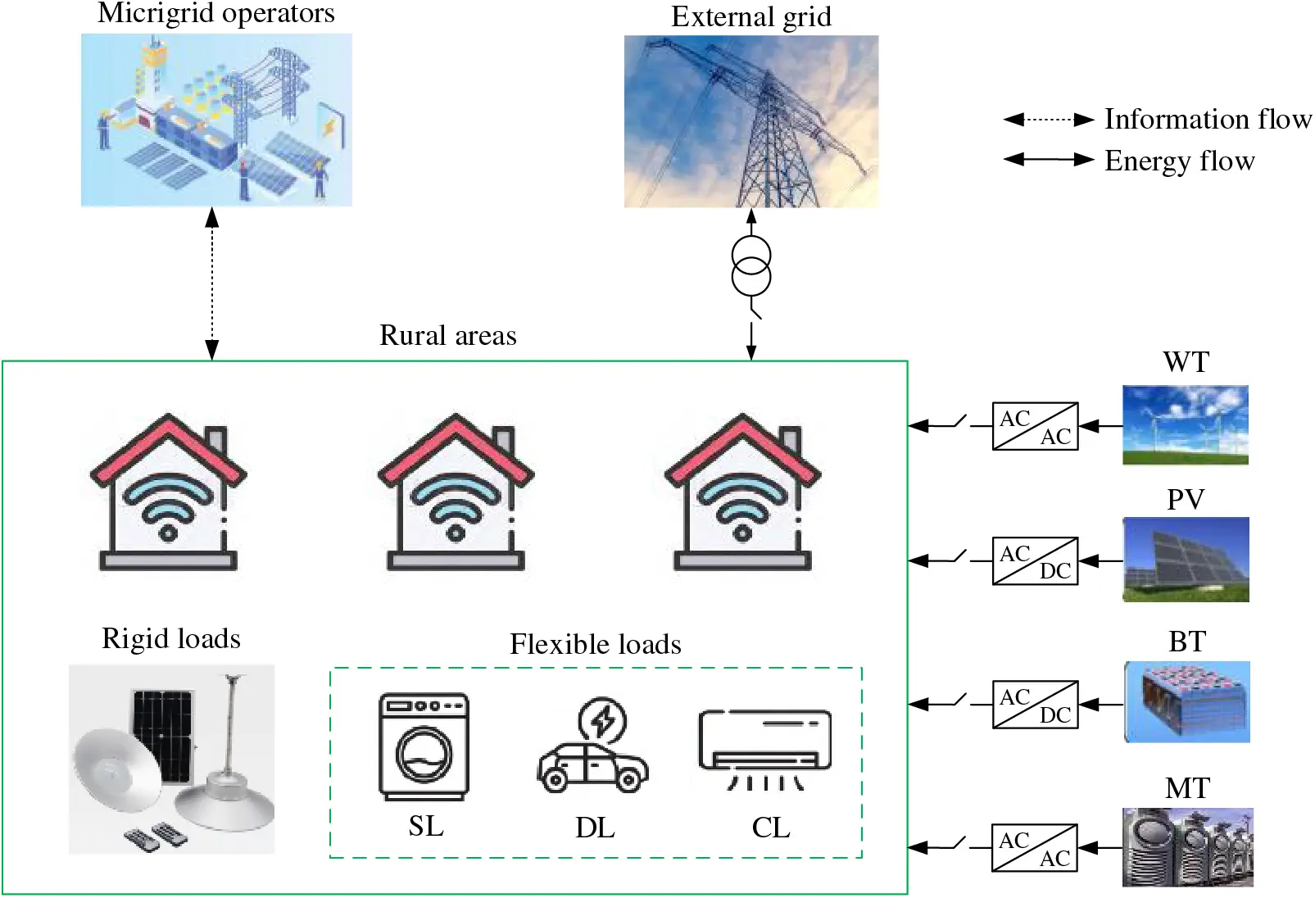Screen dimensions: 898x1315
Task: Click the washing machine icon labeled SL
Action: tap(424, 747)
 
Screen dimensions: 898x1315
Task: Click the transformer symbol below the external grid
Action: tap(750, 265)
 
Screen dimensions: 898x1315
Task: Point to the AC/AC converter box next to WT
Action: tap(1035, 426)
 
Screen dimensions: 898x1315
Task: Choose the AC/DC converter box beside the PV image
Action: tap(1035, 561)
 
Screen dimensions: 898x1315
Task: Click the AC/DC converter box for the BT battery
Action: tap(1035, 705)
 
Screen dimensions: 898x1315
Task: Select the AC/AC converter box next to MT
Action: tap(1035, 848)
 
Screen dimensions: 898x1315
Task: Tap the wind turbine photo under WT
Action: tap(1185, 425)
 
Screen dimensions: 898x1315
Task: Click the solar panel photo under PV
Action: tap(1186, 560)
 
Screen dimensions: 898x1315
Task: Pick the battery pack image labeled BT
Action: tap(1187, 702)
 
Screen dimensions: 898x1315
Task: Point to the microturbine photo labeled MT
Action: tap(1187, 847)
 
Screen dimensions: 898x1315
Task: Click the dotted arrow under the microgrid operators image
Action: tap(212, 283)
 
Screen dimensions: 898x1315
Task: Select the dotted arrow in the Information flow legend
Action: tap(1049, 120)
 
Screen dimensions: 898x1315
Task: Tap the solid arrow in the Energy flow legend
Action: tap(1049, 160)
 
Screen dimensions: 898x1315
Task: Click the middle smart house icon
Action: tap(456, 492)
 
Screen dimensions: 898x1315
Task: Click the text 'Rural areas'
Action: tap(447, 336)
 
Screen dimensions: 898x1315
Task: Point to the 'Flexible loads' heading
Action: tap(595, 645)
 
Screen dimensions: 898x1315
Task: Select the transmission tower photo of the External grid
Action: tap(750, 121)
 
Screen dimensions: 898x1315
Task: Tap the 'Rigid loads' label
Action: tap(170, 639)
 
